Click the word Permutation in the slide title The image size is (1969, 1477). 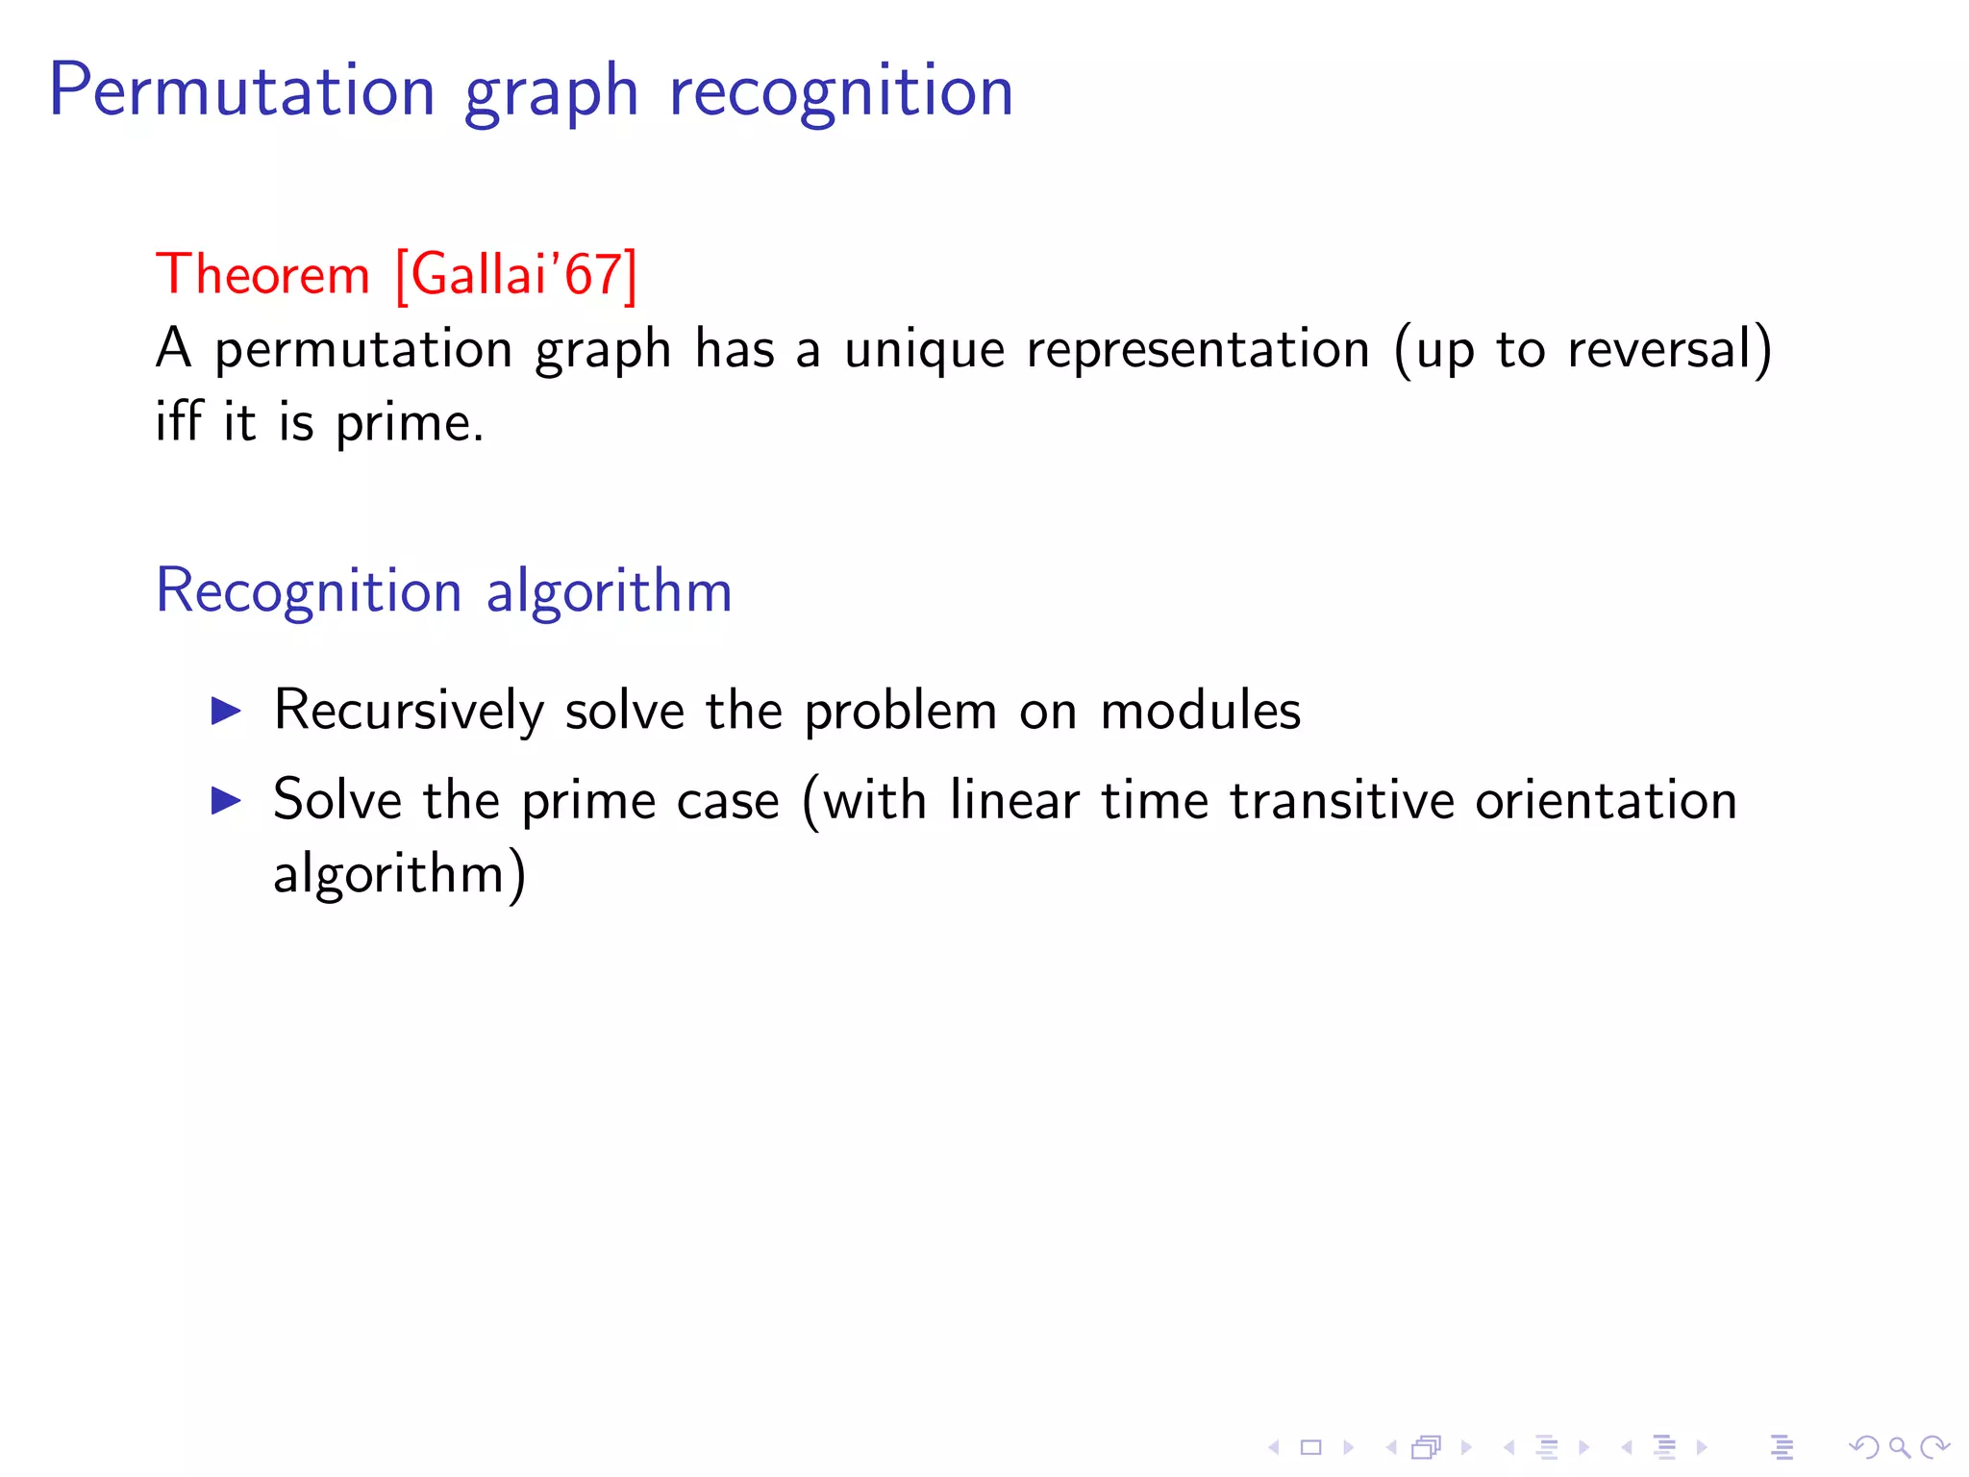pyautogui.click(x=242, y=91)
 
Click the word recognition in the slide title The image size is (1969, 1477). pyautogui.click(x=841, y=91)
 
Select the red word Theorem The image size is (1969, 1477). pyautogui.click(x=262, y=275)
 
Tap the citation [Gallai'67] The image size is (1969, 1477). pyautogui.click(x=516, y=275)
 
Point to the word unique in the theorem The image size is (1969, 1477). pyautogui.click(x=925, y=348)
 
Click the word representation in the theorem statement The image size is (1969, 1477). pyautogui.click(x=1198, y=348)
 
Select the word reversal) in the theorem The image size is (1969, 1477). pyautogui.click(x=1670, y=348)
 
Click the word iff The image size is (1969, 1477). pyautogui.click(x=179, y=422)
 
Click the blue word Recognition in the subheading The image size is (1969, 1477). pyautogui.click(x=309, y=591)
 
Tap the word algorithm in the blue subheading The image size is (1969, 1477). pyautogui.click(x=610, y=591)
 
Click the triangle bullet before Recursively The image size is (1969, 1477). pyautogui.click(x=226, y=712)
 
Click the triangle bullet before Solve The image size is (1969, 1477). pyautogui.click(x=226, y=800)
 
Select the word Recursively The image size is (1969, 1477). pyautogui.click(x=409, y=712)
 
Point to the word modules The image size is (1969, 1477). pyautogui.click(x=1200, y=712)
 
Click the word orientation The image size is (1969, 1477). pyautogui.click(x=1607, y=800)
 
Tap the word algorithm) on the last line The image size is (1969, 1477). pyautogui.click(x=399, y=874)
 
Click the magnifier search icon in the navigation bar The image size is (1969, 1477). pyautogui.click(x=1899, y=1447)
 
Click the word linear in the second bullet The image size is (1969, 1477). pyautogui.click(x=1014, y=800)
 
